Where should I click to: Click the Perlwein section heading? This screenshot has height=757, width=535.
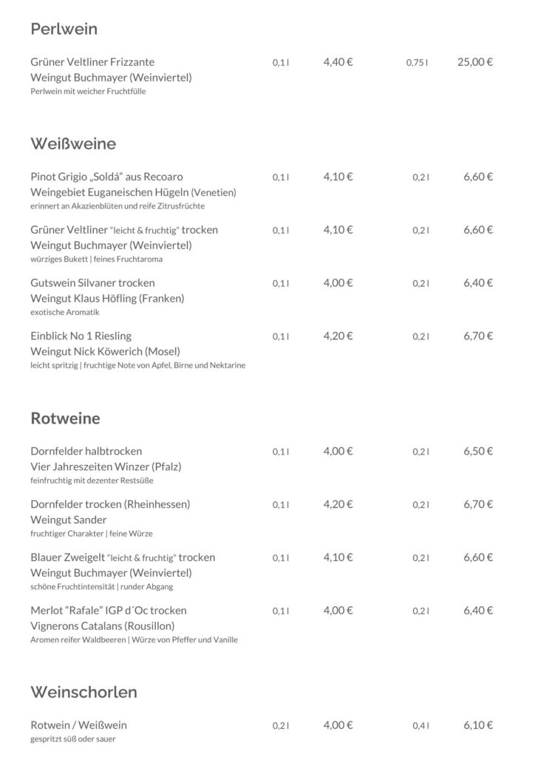point(64,30)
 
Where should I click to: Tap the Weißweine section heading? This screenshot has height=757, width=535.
point(73,143)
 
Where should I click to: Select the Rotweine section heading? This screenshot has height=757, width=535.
point(65,418)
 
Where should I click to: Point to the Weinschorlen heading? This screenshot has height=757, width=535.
point(84,692)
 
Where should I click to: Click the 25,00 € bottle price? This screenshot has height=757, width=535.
point(475,62)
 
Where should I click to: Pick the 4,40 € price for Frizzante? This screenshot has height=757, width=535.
point(338,62)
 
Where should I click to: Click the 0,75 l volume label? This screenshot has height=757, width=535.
point(417,63)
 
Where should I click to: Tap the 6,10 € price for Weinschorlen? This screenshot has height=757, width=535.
point(478,725)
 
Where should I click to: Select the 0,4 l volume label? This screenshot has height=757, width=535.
point(421,726)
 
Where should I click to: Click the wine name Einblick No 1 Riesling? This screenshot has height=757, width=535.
point(81,336)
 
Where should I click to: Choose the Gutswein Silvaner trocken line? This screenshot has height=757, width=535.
point(92,282)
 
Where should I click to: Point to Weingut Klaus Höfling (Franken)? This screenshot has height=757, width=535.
point(107,299)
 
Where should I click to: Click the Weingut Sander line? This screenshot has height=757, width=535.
point(69,520)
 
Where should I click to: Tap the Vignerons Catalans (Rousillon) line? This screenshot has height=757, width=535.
point(105,626)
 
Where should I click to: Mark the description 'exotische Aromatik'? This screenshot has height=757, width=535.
point(65,312)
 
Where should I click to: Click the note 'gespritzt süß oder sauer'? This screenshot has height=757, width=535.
point(73,739)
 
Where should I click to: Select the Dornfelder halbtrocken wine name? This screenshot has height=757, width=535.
point(86,451)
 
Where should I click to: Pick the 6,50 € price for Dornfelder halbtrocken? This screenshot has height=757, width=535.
point(478,451)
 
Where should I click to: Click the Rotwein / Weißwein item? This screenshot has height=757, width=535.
point(84,725)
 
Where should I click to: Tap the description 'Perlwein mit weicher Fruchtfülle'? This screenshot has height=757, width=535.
point(88,91)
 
